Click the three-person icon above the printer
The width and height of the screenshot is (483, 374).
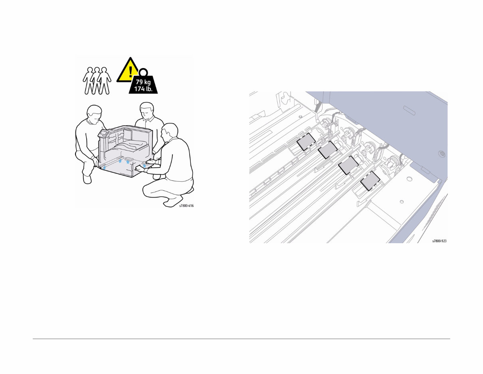point(96,80)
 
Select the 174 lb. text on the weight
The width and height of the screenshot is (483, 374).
point(143,89)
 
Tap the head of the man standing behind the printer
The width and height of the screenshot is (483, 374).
point(146,110)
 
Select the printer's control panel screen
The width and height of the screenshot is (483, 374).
point(103,133)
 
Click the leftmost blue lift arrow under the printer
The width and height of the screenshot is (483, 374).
point(105,168)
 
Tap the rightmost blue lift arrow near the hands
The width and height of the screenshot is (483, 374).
point(145,165)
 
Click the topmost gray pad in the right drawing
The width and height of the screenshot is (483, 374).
point(307,142)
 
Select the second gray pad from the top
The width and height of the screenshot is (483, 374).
point(328,150)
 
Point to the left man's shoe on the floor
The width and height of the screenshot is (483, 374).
point(87,178)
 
